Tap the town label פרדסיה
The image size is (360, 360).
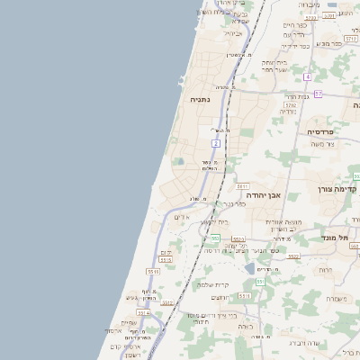tap(319, 130)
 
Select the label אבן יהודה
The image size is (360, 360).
tap(262, 193)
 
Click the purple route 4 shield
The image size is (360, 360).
tap(307, 77)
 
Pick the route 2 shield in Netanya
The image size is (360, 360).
tap(217, 143)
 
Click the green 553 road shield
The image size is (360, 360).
tap(216, 238)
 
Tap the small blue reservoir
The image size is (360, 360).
tap(248, 268)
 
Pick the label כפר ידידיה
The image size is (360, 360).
tap(293, 45)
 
